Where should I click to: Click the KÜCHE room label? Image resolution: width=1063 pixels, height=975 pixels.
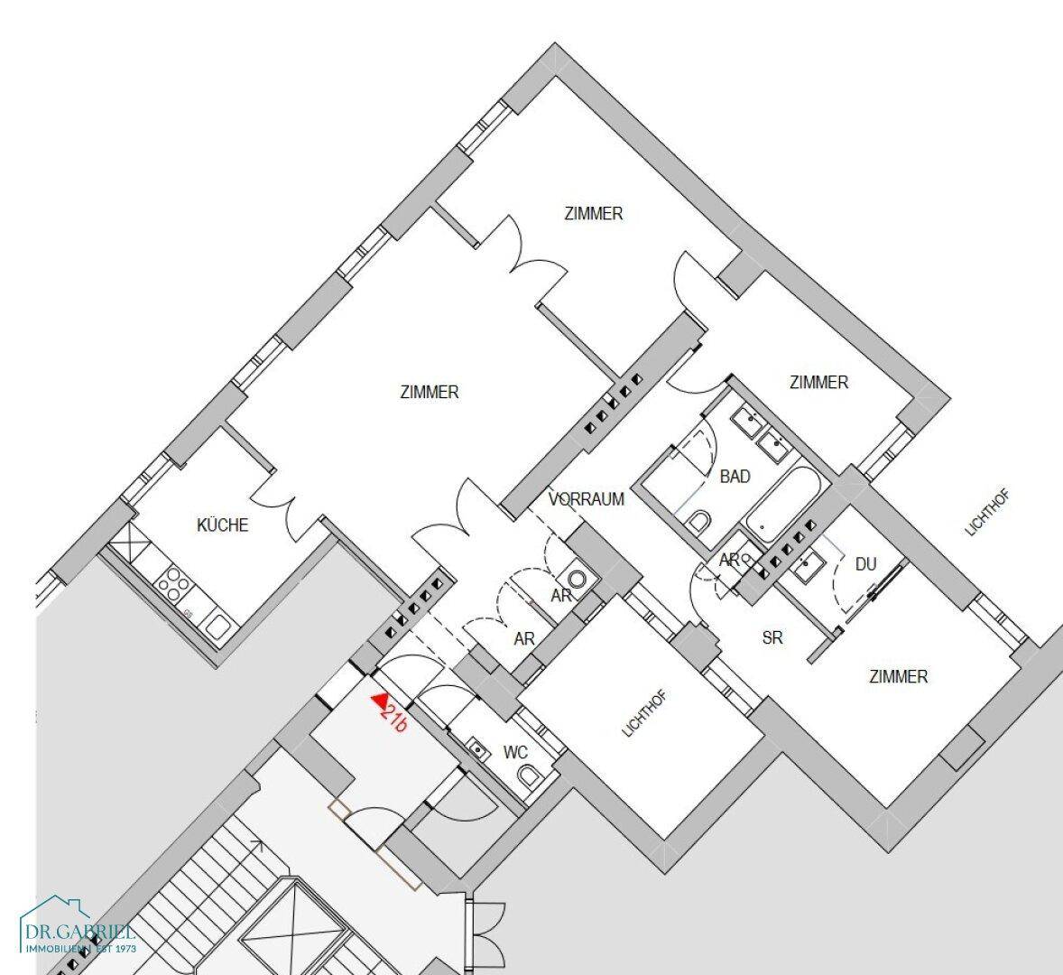click(x=222, y=525)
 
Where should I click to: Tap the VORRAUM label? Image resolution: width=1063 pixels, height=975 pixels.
click(x=586, y=500)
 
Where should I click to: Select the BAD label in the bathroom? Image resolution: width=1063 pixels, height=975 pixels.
click(x=735, y=477)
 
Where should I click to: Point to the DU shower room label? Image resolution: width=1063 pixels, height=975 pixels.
click(x=865, y=564)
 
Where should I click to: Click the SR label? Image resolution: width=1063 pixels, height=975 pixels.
click(x=772, y=637)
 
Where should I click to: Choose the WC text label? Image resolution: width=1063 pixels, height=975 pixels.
click(x=515, y=753)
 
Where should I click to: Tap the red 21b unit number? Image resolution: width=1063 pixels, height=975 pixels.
click(x=393, y=719)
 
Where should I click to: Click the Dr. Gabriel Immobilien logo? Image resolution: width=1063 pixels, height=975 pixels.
click(x=78, y=927)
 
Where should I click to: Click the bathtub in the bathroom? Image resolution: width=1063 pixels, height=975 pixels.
click(x=783, y=504)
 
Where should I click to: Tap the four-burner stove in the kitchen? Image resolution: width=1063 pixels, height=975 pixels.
click(x=173, y=584)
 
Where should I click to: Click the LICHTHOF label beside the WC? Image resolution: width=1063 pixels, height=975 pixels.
click(x=644, y=714)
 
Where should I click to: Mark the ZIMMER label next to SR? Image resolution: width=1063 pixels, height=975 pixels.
click(x=898, y=676)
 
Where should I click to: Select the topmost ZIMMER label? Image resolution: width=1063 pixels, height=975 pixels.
click(x=593, y=214)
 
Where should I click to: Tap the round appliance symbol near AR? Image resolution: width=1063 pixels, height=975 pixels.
click(x=577, y=580)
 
